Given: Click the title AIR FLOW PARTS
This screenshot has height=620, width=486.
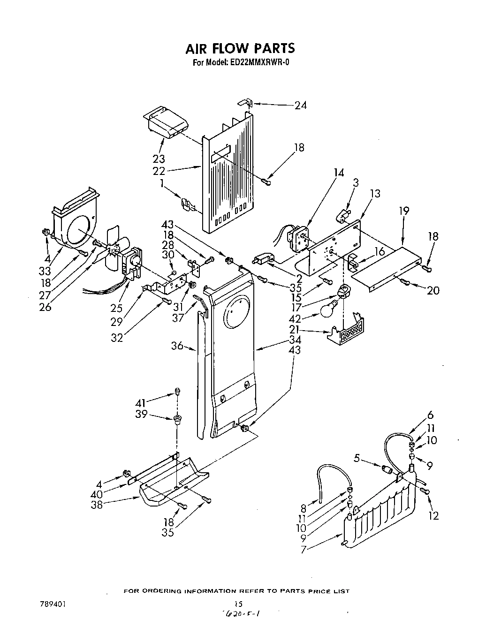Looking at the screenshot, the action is [240, 48].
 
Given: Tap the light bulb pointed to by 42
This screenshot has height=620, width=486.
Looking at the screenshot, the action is [330, 309].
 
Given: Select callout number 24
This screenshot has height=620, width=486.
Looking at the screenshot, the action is [300, 106].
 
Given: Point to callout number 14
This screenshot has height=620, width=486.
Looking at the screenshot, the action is [338, 173].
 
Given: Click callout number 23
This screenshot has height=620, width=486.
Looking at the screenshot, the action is [159, 159].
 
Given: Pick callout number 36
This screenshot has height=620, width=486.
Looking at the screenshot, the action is [177, 346].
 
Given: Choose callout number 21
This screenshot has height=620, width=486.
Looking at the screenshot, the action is [294, 330].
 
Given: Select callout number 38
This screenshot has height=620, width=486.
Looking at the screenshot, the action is [97, 505].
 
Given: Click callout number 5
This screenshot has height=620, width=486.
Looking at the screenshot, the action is [357, 459].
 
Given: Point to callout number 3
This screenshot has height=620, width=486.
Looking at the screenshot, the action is [355, 182].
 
